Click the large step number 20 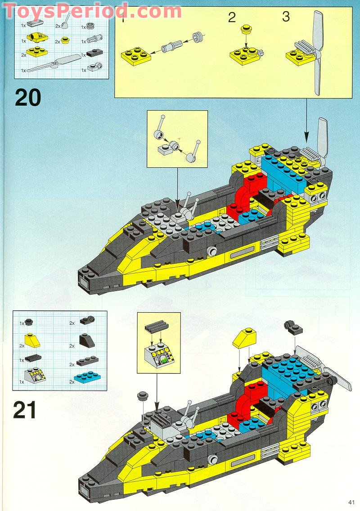(28, 97)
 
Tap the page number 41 (351, 502)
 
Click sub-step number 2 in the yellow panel (232, 18)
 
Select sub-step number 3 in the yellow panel (286, 17)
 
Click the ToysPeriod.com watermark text (92, 10)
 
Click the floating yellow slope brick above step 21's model (244, 337)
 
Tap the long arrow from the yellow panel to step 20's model (307, 117)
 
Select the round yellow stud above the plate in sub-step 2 (246, 30)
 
